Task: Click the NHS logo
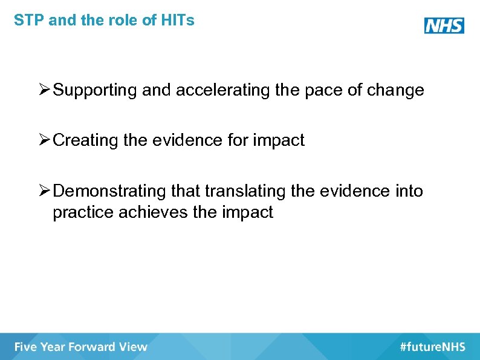444,25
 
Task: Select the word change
398,91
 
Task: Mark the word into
410,192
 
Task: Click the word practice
80,213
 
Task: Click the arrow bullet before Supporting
44,91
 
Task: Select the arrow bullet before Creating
44,140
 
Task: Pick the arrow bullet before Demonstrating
44,191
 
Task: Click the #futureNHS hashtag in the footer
432,347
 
